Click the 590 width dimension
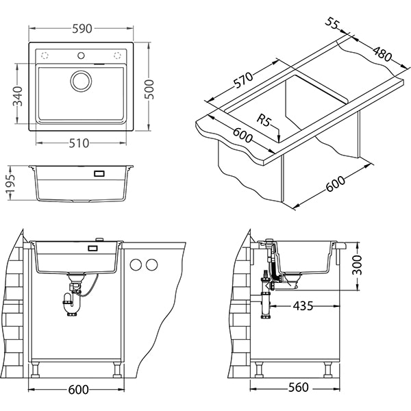click(x=82, y=29)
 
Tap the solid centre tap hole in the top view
click(x=82, y=55)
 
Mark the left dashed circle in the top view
click(x=46, y=55)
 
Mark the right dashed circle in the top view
click(x=117, y=55)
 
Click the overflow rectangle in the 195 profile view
click(x=98, y=174)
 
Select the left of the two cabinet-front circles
click(x=137, y=264)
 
